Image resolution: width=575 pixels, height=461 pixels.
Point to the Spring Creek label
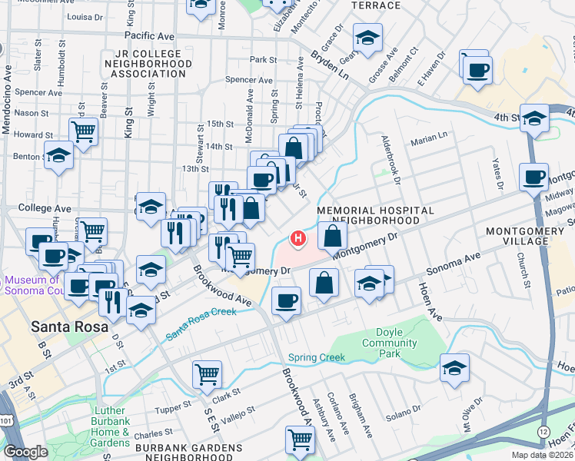(313, 357)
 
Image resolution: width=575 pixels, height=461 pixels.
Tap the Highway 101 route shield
(6, 400)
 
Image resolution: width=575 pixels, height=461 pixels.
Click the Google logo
(25, 452)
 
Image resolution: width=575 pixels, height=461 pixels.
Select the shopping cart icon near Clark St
(208, 374)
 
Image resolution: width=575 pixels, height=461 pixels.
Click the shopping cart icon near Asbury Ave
(300, 440)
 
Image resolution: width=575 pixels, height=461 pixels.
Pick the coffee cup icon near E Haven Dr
(477, 71)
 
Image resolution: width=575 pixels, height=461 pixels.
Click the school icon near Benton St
(59, 156)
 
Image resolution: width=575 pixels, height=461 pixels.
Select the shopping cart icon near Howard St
(83, 131)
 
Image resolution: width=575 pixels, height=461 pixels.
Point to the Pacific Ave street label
(150, 36)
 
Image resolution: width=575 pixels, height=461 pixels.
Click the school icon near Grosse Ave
(368, 37)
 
